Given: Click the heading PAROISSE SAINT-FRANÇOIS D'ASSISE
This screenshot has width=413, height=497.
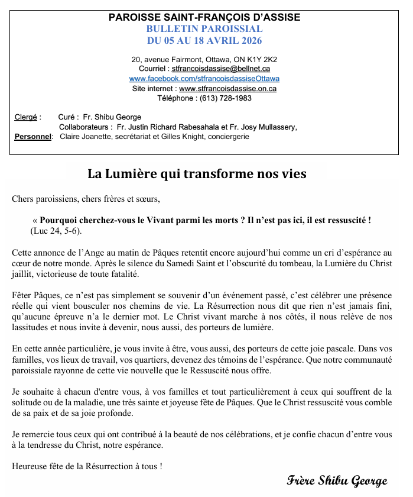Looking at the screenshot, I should click(x=204, y=18).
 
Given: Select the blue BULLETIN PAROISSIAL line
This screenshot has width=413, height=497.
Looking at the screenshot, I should click(x=204, y=29).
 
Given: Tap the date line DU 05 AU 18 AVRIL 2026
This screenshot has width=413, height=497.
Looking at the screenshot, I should click(x=204, y=41).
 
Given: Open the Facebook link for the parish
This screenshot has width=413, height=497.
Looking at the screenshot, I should click(x=204, y=79).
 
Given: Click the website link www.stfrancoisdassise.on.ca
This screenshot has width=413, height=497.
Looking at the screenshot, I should click(x=227, y=88).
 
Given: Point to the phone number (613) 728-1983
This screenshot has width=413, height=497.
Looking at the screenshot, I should click(x=226, y=98).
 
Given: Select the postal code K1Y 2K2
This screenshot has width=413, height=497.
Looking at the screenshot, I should click(x=263, y=59).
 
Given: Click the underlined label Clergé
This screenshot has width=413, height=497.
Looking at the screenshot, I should click(x=25, y=117).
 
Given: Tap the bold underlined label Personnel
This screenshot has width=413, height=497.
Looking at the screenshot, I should click(x=33, y=137).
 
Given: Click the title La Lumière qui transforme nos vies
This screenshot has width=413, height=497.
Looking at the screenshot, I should click(x=197, y=174).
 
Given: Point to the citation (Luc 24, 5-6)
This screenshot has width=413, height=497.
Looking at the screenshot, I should click(x=56, y=230).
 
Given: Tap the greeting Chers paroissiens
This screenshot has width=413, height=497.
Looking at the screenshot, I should click(x=44, y=199).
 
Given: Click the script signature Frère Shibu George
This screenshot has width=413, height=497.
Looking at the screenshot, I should click(x=337, y=480).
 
